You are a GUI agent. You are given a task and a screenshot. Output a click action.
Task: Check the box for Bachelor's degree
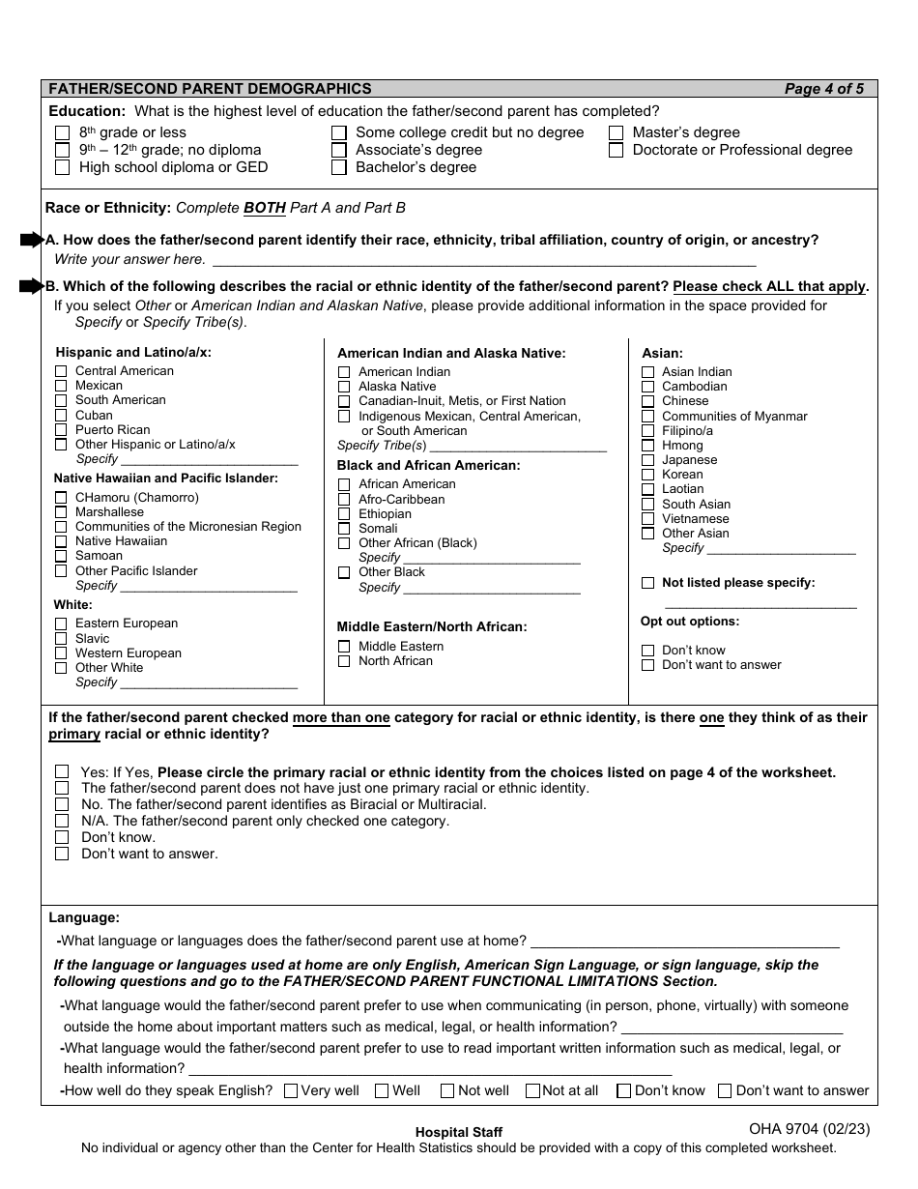point(339,167)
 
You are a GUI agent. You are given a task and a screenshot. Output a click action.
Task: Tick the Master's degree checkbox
point(617,132)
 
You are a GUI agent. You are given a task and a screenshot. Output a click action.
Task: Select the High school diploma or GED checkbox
point(63,167)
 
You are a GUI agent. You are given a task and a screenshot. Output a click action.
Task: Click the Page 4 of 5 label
point(823,89)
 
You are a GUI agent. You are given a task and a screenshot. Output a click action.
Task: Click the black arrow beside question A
point(32,240)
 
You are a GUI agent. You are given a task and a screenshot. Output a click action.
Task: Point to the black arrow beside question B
point(32,286)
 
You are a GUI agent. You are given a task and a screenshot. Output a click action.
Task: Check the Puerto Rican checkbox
point(61,430)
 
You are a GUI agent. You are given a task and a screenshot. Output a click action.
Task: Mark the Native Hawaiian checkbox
point(61,541)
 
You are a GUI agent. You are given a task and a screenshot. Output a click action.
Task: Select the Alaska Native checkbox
point(344,387)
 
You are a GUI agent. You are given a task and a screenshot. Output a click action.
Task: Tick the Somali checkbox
point(344,529)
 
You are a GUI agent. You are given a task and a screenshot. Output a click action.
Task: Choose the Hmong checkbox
point(647,446)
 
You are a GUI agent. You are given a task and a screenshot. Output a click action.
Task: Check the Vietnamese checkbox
point(647,519)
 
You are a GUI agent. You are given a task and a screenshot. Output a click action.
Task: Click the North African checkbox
point(344,661)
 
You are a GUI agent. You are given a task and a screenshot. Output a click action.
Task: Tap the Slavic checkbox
point(61,639)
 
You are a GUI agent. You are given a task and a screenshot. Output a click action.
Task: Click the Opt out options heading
point(690,622)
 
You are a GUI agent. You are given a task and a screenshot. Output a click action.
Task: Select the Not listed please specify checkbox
point(647,583)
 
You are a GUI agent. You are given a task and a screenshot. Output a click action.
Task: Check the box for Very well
point(291,1091)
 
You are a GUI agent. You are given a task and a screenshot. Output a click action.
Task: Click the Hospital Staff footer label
point(459,1132)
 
